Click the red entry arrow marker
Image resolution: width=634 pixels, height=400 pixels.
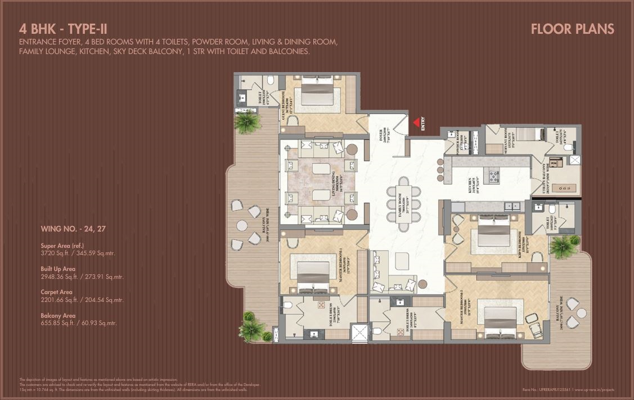tap(416, 121)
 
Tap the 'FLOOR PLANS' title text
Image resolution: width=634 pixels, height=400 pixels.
tap(572, 29)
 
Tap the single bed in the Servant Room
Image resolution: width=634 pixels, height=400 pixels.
tap(527, 136)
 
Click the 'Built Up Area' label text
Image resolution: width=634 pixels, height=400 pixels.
tap(58, 269)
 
